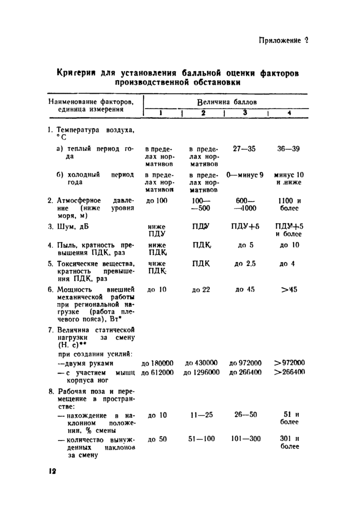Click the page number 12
52,471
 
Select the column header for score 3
245,113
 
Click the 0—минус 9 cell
245,175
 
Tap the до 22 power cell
201,290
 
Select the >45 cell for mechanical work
290,290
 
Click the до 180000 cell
157,363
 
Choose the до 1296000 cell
202,372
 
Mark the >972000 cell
290,363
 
